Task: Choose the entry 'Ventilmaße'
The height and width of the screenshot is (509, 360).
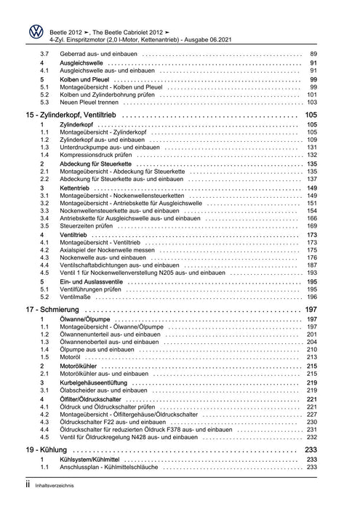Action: [x=74, y=297]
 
